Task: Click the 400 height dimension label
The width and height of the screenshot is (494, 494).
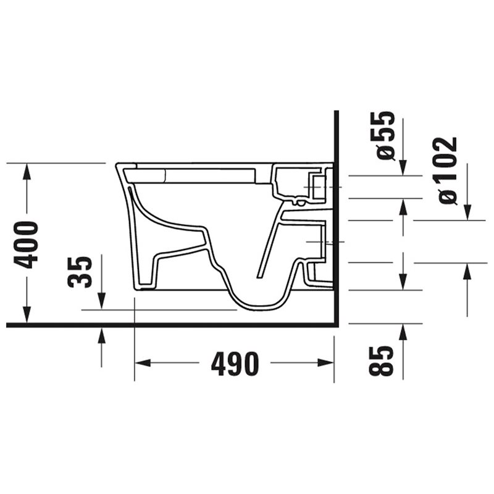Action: point(26,245)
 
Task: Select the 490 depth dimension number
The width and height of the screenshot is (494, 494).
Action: point(235,364)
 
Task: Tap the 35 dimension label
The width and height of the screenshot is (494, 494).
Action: point(80,272)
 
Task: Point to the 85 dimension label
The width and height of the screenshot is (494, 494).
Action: point(381,361)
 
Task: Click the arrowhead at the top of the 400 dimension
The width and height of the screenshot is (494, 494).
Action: point(27,172)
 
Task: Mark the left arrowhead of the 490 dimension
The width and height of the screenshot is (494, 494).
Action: point(143,363)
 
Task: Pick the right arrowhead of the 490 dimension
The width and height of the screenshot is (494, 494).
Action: point(325,363)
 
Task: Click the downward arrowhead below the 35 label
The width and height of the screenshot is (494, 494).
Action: point(101,301)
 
